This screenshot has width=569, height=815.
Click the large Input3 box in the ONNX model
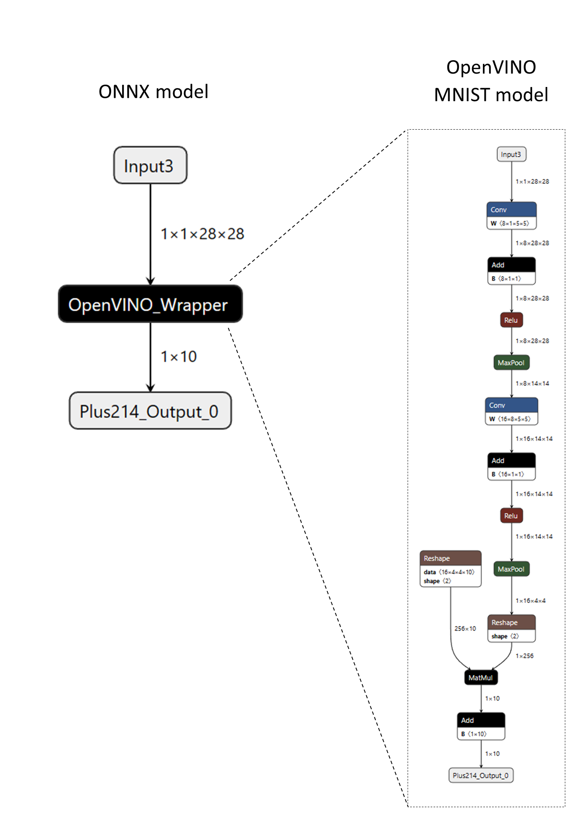pos(150,165)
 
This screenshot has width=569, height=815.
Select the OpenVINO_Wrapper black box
pos(150,304)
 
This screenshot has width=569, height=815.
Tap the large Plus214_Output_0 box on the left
pos(150,411)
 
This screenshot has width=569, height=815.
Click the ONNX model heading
pos(153,92)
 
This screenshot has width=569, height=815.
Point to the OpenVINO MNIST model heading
pos(491,81)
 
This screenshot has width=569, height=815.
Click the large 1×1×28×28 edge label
pos(202,234)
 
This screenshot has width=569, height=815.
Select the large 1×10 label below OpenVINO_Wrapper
pos(179,357)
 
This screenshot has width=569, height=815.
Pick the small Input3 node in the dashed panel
pos(511,154)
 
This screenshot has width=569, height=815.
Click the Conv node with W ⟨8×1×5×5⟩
pos(511,215)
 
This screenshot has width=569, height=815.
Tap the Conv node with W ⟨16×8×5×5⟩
pos(511,411)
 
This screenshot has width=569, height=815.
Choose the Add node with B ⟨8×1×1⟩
pos(511,271)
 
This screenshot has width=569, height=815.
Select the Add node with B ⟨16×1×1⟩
pos(511,466)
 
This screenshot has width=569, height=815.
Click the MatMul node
pos(481,677)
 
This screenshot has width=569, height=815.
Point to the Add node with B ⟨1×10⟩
pos(481,726)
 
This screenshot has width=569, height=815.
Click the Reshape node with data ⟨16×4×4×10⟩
pos(450,568)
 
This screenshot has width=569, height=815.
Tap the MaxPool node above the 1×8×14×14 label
pos(511,363)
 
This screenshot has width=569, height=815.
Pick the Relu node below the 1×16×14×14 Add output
pos(511,516)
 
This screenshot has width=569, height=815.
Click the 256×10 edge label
pos(465,628)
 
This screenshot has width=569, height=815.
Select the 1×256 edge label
pos(524,656)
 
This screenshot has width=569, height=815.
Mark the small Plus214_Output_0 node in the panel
pos(481,775)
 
